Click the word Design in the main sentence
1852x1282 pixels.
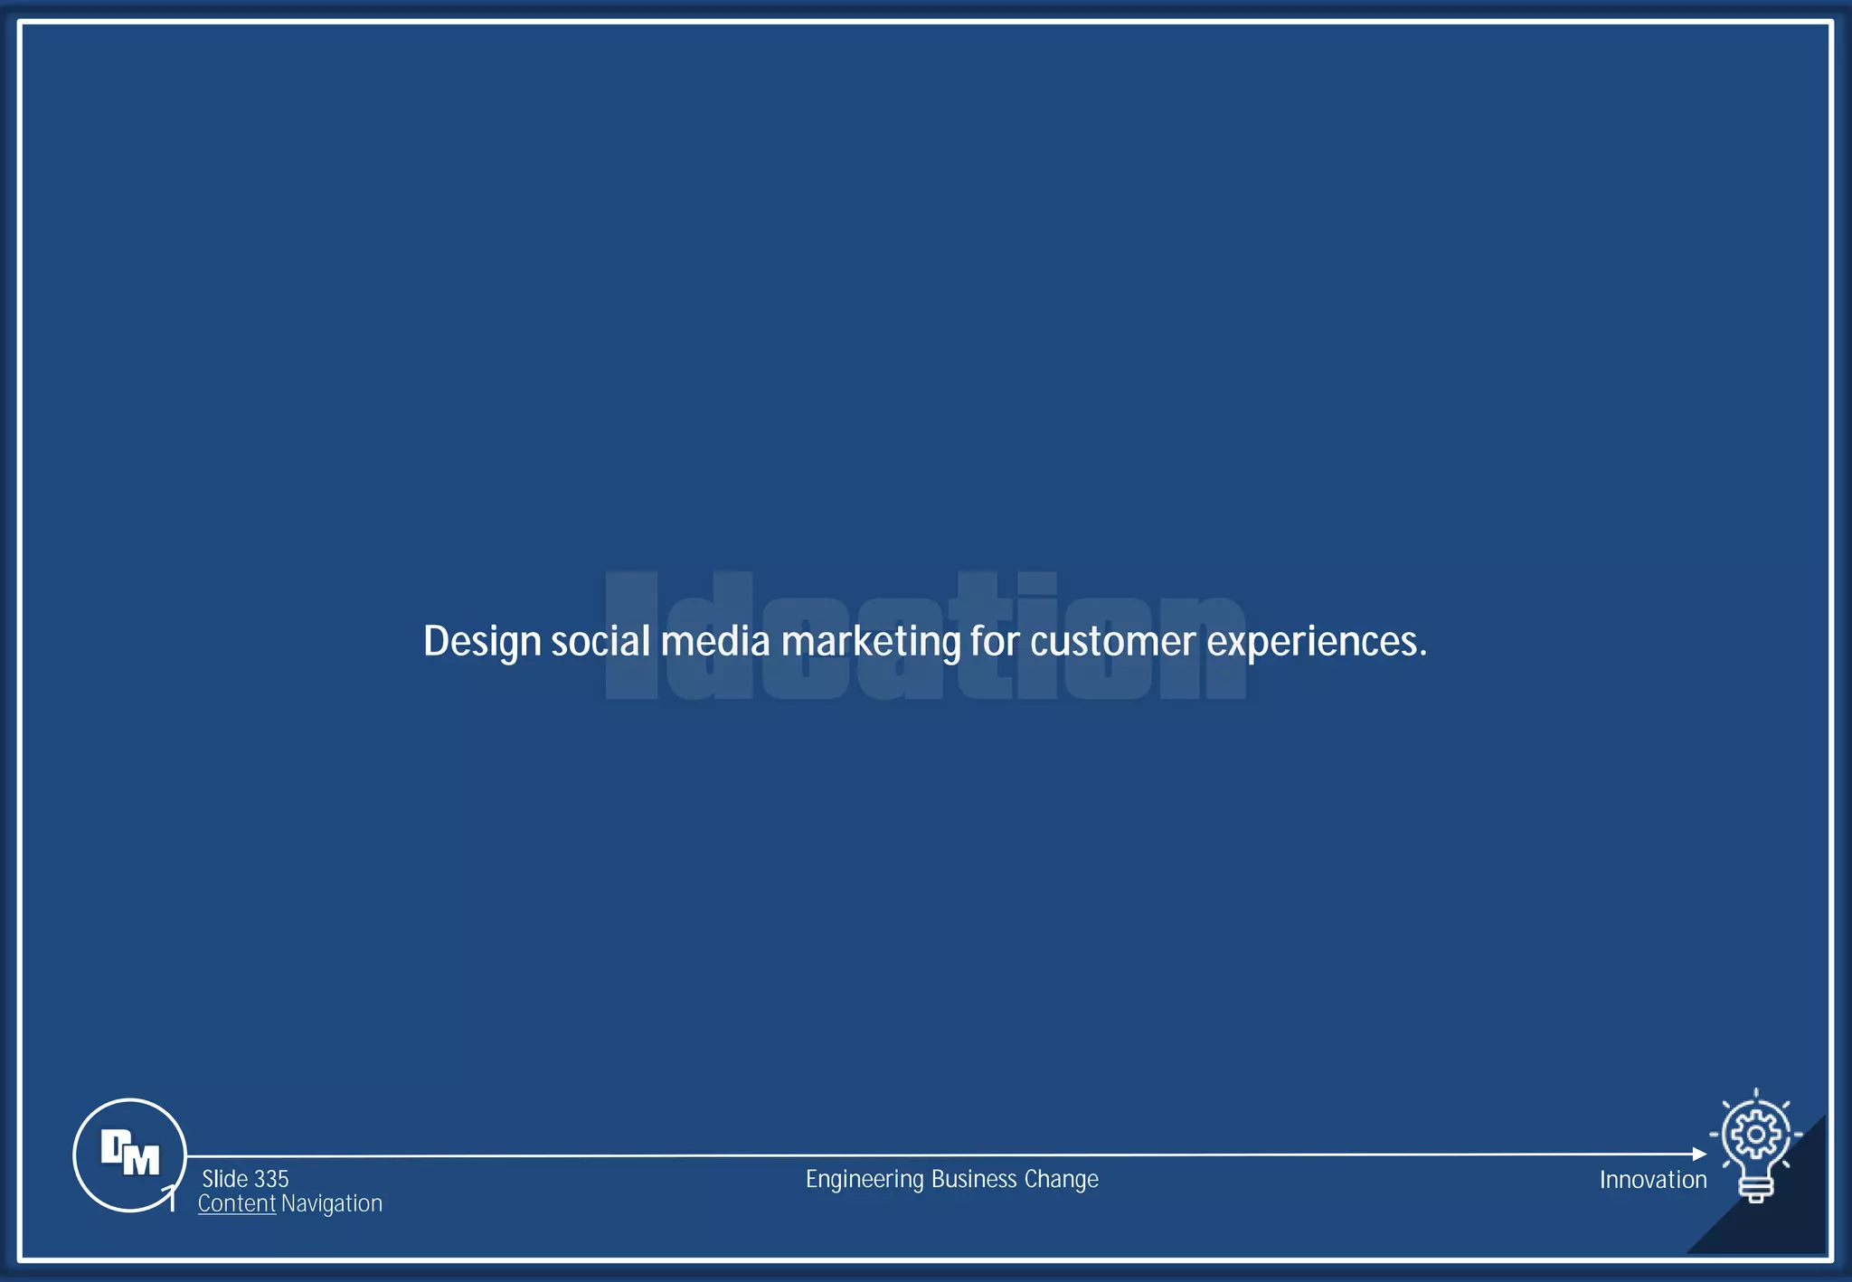482,643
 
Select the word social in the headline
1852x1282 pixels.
600,641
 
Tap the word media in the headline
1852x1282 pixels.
715,641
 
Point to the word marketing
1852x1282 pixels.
871,643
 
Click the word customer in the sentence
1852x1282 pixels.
1112,641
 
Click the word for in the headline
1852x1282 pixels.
995,641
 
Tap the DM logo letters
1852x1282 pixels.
130,1154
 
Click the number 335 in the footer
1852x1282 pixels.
271,1179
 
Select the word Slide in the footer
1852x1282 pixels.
225,1179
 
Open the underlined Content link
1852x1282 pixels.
237,1203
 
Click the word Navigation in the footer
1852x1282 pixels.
332,1203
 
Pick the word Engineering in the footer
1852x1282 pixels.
865,1180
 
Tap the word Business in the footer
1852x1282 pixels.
974,1179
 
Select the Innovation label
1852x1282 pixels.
1653,1180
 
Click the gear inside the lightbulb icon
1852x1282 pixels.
1756,1134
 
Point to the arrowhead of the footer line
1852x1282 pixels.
1699,1155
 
